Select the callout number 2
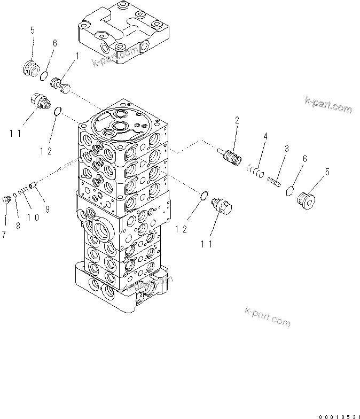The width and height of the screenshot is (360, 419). coord(237,121)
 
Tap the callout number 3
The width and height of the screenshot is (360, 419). coord(286,148)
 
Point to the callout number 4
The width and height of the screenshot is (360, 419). coord(265,137)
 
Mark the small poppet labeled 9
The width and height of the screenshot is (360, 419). coord(33,185)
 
